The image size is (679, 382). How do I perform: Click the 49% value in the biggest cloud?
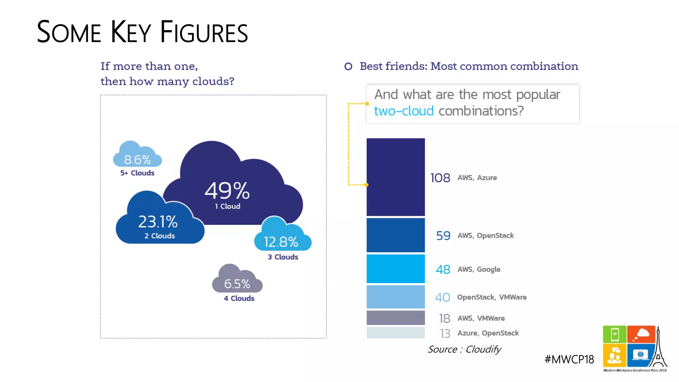point(227,191)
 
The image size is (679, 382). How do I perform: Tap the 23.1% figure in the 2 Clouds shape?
point(158,222)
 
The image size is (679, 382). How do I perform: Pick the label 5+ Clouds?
point(137,173)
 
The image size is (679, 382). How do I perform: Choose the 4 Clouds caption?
point(239,298)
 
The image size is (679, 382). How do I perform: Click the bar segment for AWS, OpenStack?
point(396,235)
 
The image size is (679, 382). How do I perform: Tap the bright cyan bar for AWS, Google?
point(396,269)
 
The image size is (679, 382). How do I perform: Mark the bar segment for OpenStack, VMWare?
point(396,297)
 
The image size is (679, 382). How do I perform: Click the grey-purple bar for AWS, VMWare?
point(396,318)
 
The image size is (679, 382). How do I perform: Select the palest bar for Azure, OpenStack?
point(396,333)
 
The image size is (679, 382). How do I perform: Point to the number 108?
point(440,178)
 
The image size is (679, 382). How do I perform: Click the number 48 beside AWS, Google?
point(443,269)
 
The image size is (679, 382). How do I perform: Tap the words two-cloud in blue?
point(404,111)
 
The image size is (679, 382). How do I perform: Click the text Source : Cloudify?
point(464,349)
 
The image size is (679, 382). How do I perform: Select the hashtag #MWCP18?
point(569,359)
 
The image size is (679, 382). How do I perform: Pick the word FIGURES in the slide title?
point(204,32)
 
